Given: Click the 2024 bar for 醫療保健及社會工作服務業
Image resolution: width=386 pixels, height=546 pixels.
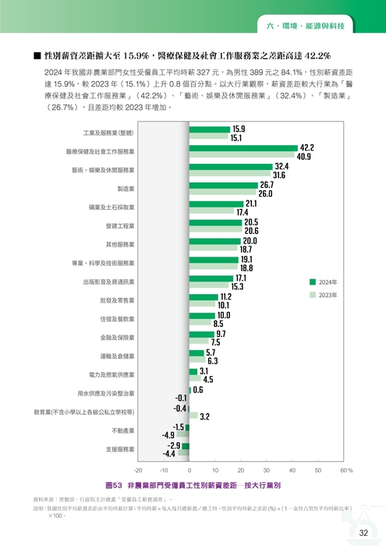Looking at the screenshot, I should pos(243,147).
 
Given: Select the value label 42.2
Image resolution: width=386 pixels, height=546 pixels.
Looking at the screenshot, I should pos(306,147).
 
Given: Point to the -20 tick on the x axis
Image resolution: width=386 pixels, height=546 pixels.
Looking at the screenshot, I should pos(138,470).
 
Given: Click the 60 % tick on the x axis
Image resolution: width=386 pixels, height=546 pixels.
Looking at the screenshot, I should pos(345,470).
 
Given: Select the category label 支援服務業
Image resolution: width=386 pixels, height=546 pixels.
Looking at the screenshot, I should pos(119,449).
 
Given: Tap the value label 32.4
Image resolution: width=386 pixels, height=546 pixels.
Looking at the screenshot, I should pos(282,166).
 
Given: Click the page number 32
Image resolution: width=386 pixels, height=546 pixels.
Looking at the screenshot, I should pos(363,533).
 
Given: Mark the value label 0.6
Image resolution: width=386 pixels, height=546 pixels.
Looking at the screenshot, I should pos(198,389).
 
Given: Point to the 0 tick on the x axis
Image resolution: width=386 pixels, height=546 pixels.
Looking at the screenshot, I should pos(189,470).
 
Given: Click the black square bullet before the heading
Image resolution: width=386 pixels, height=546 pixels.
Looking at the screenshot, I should pos(37,56).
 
